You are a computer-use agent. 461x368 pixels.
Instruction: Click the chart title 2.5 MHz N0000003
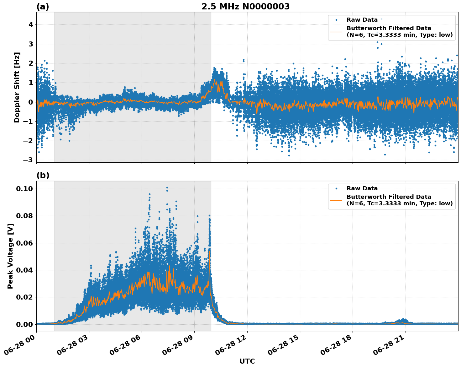pyautogui.click(x=245, y=7)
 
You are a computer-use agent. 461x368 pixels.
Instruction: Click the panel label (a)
pyautogui.click(x=43, y=7)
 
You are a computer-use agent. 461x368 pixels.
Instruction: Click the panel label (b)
pyautogui.click(x=43, y=175)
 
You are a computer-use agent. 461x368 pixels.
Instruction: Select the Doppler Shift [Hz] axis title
pyautogui.click(x=17, y=87)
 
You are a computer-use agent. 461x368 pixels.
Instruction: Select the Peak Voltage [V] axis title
pyautogui.click(x=10, y=256)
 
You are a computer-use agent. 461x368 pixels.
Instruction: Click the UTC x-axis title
pyautogui.click(x=247, y=361)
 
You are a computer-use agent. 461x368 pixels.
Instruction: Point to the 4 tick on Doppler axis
pyautogui.click(x=31, y=24)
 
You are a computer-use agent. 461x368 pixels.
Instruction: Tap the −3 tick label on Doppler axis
pyautogui.click(x=28, y=160)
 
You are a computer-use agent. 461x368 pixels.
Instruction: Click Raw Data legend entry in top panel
pyautogui.click(x=362, y=20)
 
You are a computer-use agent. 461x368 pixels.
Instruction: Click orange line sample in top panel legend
pyautogui.click(x=336, y=32)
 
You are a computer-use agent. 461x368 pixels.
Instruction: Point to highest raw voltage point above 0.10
pyautogui.click(x=167, y=187)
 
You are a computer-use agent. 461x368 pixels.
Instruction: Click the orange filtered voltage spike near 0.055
pyautogui.click(x=209, y=251)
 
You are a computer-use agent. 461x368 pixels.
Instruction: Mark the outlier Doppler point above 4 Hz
pyautogui.click(x=381, y=19)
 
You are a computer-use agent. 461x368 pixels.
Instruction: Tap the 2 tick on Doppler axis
pyautogui.click(x=31, y=63)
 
